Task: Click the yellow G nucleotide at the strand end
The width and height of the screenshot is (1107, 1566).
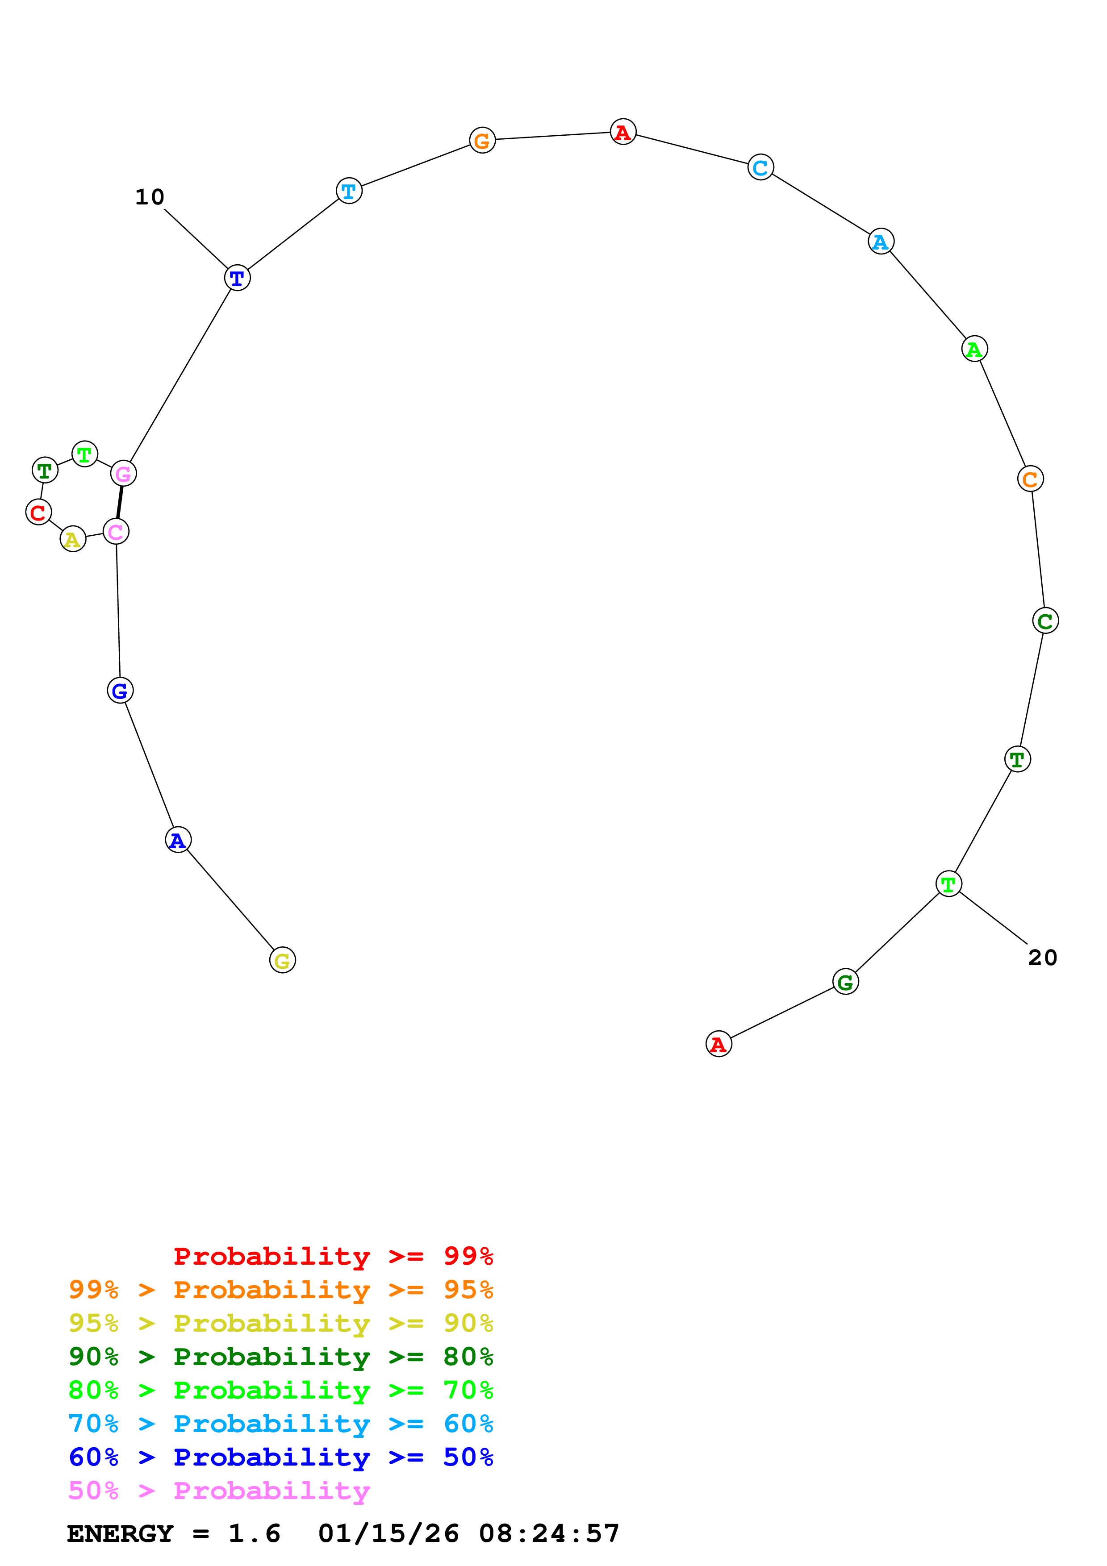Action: (x=282, y=960)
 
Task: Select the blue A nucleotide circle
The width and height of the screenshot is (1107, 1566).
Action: (x=178, y=840)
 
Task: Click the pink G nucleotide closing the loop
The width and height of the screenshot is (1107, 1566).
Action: (x=123, y=473)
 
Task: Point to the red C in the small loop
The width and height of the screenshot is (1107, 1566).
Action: (x=38, y=512)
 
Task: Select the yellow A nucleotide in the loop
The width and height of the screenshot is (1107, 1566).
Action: (x=73, y=540)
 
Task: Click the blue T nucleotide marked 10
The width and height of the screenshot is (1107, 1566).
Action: (x=238, y=278)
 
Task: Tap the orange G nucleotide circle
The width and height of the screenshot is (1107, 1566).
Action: (x=482, y=141)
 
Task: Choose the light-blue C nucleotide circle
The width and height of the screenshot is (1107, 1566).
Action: (x=760, y=167)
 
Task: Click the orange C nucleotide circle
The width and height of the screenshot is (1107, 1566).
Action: (x=1030, y=479)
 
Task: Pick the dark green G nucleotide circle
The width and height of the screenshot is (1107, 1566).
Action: (x=845, y=982)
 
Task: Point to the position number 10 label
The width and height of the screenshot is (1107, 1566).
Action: (x=150, y=197)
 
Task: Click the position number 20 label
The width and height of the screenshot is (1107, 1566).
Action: (x=1042, y=958)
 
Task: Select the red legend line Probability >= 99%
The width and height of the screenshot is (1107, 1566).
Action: (x=333, y=1256)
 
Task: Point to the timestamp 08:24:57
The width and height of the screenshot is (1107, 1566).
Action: (x=549, y=1533)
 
